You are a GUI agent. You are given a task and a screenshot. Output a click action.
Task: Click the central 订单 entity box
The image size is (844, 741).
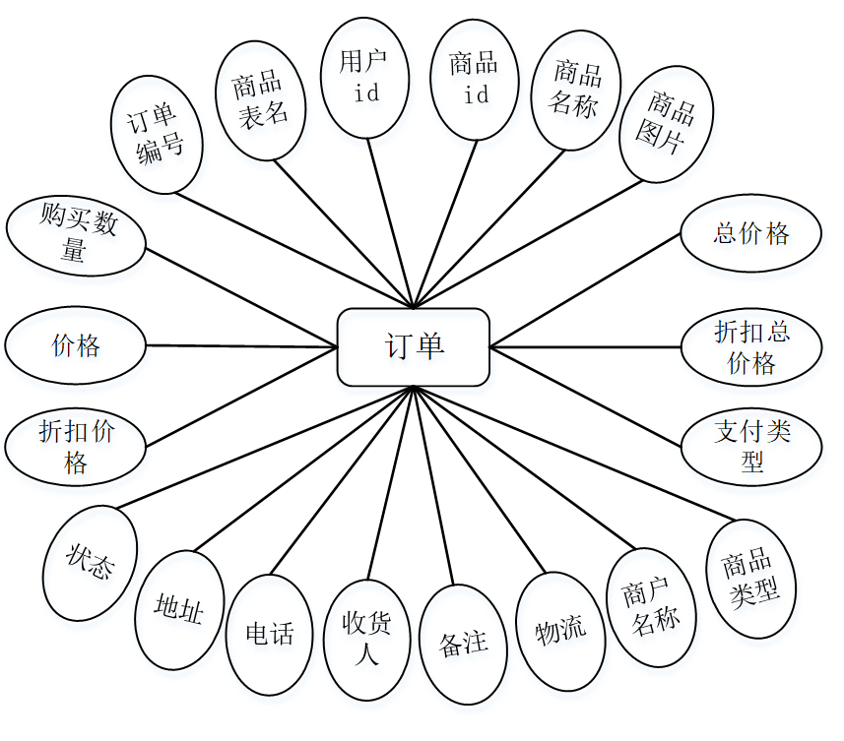point(414,346)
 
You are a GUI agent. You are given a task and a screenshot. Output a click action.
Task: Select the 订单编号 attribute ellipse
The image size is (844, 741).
point(158,135)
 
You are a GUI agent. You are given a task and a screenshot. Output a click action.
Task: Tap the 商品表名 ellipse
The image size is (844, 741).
point(261,99)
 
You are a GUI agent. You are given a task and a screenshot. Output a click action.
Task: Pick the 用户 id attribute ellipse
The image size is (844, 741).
point(365,77)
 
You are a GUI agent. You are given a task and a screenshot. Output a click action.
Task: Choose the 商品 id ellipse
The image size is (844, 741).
point(475,80)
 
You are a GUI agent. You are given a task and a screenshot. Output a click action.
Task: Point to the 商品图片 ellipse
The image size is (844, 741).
point(667,125)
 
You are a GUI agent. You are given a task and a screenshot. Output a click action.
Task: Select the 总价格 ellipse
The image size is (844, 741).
point(750,233)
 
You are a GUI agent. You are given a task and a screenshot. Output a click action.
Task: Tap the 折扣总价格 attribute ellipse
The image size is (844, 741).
point(750,347)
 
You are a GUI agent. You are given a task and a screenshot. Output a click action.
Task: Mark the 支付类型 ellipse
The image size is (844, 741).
point(751,446)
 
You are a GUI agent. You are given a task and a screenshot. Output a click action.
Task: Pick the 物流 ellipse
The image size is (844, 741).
point(560,629)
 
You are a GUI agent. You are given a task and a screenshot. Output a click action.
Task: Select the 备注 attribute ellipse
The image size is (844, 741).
point(463,645)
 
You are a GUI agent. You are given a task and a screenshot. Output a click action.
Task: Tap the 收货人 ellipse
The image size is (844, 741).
point(366,639)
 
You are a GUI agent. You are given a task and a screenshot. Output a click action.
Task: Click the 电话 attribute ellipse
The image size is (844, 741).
point(269,633)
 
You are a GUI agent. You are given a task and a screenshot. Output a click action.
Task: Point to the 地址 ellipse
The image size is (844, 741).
point(179,610)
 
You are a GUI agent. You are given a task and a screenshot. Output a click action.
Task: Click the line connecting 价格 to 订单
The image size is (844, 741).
point(241,345)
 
